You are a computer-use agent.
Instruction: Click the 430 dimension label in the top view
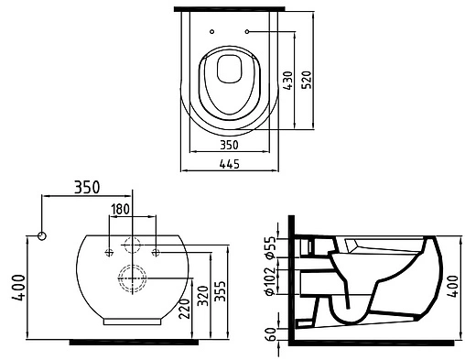287,81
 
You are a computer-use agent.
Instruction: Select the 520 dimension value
307,80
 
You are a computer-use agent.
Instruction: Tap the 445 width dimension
230,164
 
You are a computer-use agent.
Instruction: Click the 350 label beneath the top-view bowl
229,145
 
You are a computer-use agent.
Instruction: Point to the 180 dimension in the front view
121,210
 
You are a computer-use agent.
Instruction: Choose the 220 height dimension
184,309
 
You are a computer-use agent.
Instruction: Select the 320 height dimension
202,296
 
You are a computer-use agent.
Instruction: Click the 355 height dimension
220,291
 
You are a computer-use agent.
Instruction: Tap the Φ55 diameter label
271,247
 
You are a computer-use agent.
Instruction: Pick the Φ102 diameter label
271,281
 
